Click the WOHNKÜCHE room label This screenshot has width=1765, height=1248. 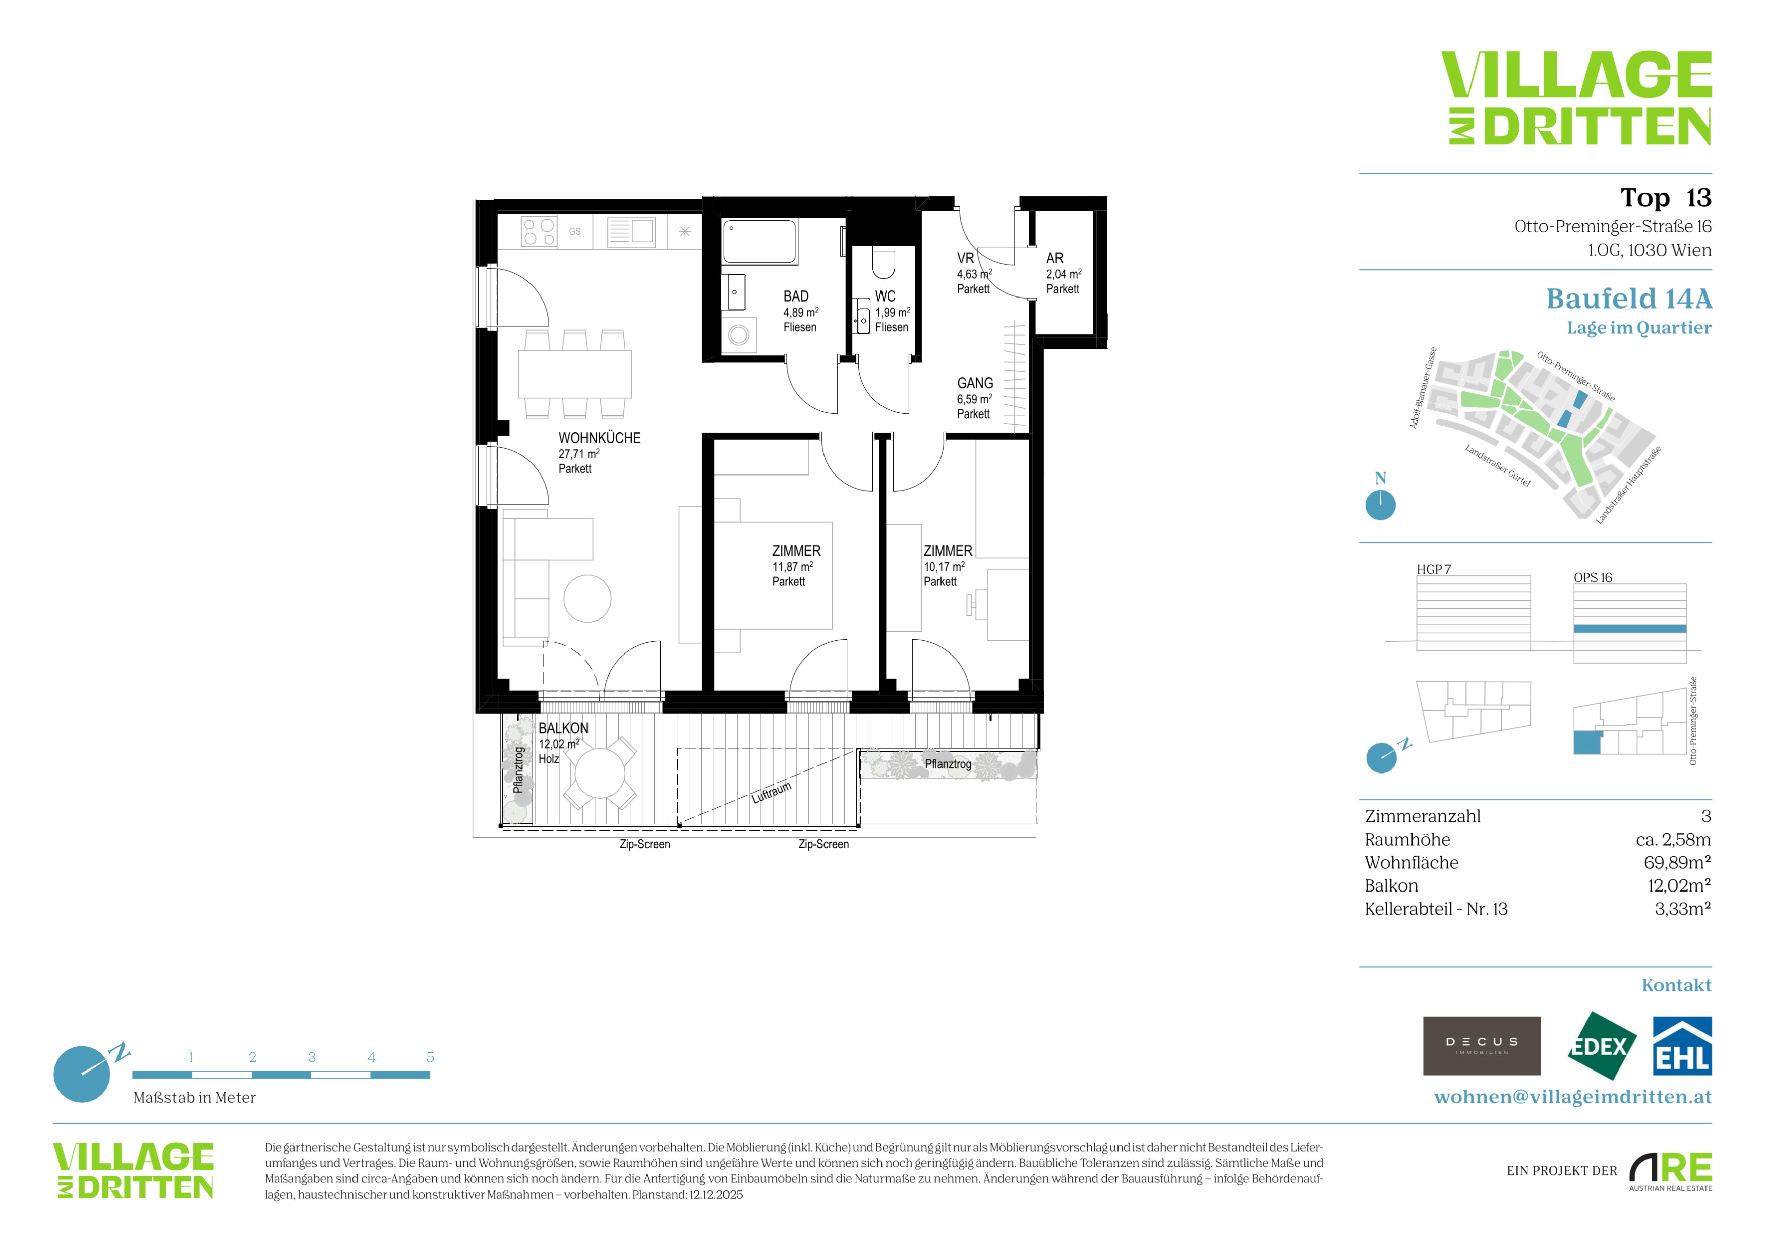click(599, 438)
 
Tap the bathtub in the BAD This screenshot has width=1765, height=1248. click(759, 242)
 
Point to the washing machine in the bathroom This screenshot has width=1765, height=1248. click(739, 335)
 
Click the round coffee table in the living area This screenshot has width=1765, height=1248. click(587, 599)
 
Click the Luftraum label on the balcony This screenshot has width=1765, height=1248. click(771, 792)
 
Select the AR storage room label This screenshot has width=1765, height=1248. click(1054, 258)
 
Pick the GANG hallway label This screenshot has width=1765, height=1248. click(975, 383)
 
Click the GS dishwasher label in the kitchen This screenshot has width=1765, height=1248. click(575, 231)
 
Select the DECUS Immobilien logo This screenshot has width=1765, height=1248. click(1482, 1046)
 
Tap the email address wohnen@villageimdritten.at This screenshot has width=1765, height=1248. click(1573, 1097)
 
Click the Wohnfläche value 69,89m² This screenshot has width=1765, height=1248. click(1677, 862)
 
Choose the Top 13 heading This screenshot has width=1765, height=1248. click(1666, 198)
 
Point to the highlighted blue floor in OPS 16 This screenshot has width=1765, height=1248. click(1630, 629)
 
